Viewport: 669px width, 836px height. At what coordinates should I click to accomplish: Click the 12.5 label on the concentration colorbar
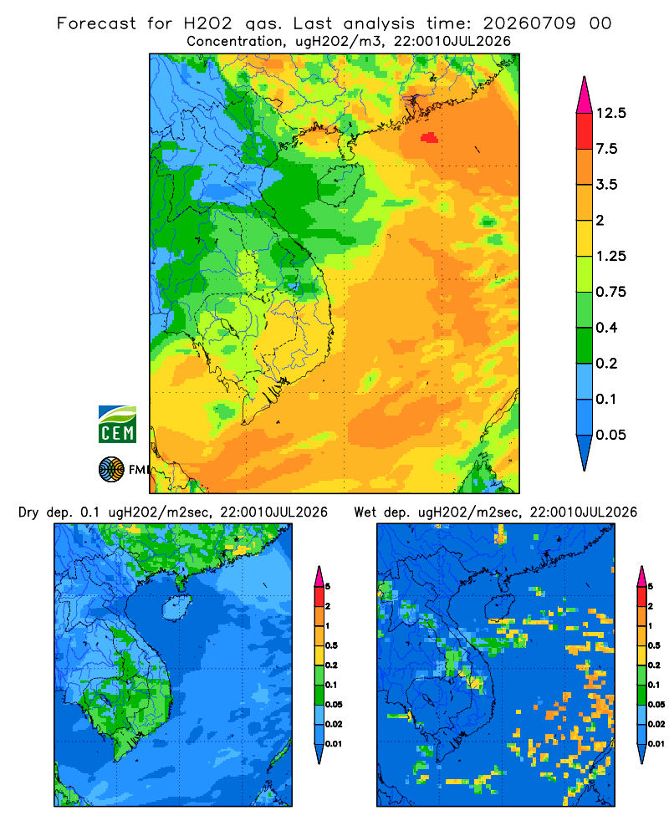coord(610,113)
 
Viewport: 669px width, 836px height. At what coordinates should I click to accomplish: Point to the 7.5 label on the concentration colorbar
coord(606,149)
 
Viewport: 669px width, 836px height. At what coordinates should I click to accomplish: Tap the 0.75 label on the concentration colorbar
coord(610,292)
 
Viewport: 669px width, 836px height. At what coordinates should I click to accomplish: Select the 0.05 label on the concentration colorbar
coord(610,435)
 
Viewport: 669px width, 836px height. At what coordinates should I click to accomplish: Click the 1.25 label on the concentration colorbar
coord(610,256)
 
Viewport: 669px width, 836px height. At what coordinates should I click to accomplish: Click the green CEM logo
coord(117,425)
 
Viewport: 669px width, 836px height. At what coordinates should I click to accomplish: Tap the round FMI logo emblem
coord(111,470)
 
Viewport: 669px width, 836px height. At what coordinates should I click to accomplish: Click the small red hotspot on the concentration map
coord(430,138)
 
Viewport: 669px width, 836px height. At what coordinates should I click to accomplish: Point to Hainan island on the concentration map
coord(340,184)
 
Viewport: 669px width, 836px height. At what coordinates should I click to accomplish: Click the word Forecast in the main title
coord(96,23)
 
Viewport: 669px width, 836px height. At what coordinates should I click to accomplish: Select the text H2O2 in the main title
coord(208,23)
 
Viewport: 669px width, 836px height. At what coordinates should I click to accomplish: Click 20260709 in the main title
coord(529,23)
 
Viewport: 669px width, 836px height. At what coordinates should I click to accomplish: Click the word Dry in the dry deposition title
coord(28,512)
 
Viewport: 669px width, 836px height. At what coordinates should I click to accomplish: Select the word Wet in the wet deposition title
coord(365,512)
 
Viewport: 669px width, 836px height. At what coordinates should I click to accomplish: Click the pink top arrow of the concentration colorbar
coord(585,94)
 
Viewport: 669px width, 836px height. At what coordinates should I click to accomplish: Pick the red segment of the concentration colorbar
coord(585,131)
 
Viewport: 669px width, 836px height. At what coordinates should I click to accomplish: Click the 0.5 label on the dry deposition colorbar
coord(331,645)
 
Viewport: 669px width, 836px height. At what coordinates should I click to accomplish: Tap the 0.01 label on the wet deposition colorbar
coord(656,744)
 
